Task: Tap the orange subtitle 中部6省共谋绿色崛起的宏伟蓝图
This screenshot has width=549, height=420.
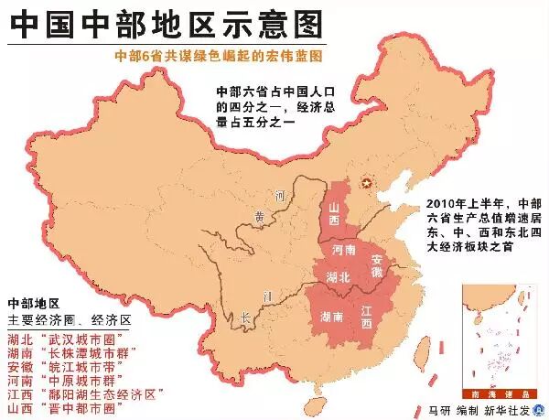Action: tap(220, 56)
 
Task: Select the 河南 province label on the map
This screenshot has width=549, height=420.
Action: tap(344, 250)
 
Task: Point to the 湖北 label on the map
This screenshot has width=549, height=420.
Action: tap(338, 276)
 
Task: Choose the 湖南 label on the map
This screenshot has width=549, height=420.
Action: tap(333, 317)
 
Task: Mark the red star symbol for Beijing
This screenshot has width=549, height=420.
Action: tap(370, 185)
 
